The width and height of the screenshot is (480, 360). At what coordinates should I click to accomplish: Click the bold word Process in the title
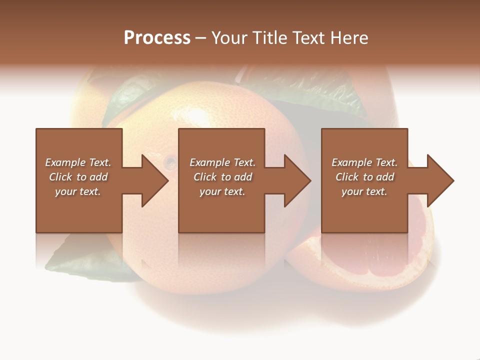(157, 38)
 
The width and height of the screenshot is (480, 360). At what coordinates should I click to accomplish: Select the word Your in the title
(229, 38)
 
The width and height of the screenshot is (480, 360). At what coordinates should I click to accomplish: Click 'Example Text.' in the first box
(78, 162)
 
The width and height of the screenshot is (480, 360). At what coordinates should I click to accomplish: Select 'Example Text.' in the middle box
(222, 162)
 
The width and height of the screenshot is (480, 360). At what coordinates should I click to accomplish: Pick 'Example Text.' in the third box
(364, 162)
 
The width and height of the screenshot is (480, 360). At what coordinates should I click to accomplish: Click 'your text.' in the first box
(78, 191)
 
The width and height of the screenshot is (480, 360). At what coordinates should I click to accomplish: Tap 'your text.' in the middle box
(222, 191)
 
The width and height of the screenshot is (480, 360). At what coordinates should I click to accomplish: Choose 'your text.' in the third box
(364, 191)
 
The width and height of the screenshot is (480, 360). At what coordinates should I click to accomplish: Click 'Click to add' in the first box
(78, 177)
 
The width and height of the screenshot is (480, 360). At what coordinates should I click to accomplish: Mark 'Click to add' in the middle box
(222, 177)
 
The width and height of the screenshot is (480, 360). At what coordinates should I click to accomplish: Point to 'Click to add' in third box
(364, 177)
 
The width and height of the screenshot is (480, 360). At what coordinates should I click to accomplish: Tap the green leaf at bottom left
(90, 262)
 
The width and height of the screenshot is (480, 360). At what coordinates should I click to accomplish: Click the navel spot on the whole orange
(170, 161)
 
